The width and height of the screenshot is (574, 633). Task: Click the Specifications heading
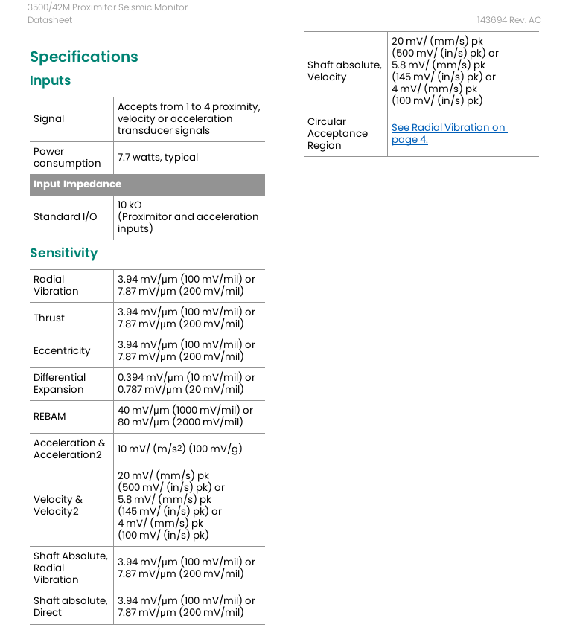pyautogui.click(x=83, y=57)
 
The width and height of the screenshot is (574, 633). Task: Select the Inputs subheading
pyautogui.click(x=50, y=81)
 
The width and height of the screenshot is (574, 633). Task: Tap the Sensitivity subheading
pyautogui.click(x=63, y=254)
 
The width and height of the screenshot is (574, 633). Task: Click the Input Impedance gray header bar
pyautogui.click(x=147, y=184)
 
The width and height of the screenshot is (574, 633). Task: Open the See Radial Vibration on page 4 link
pyautogui.click(x=448, y=134)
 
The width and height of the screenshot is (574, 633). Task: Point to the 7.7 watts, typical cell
pyautogui.click(x=158, y=158)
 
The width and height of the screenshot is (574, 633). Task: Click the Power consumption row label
pyautogui.click(x=66, y=158)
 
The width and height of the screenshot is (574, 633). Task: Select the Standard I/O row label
pyautogui.click(x=65, y=217)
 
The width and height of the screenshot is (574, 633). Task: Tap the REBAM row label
pyautogui.click(x=49, y=417)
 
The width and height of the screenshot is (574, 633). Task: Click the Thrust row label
pyautogui.click(x=48, y=318)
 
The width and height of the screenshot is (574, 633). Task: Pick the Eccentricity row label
pyautogui.click(x=61, y=351)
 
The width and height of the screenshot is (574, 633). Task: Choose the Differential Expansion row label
pyautogui.click(x=59, y=384)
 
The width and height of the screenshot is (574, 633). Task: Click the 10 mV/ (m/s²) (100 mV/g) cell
pyautogui.click(x=179, y=449)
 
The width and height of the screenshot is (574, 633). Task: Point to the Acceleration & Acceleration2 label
pyautogui.click(x=69, y=449)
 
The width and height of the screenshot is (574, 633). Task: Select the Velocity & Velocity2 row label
pyautogui.click(x=57, y=506)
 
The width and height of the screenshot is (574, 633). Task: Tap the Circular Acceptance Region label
pyautogui.click(x=337, y=134)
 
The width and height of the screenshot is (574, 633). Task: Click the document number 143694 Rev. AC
pyautogui.click(x=508, y=20)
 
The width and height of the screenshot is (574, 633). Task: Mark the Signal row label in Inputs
pyautogui.click(x=48, y=119)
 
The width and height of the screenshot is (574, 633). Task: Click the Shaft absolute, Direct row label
pyautogui.click(x=70, y=607)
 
